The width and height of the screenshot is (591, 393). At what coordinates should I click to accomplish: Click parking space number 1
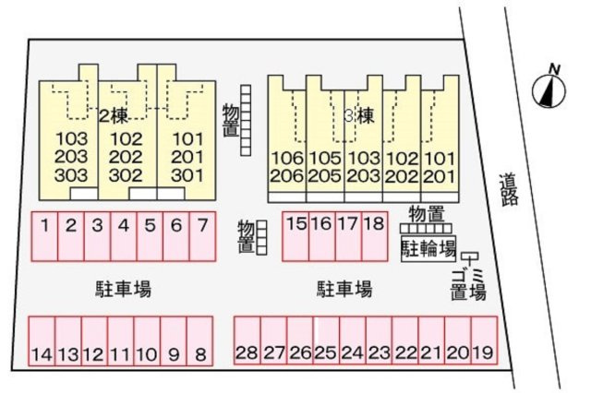coord(44,236)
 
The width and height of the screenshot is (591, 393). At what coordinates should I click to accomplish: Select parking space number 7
coord(202,236)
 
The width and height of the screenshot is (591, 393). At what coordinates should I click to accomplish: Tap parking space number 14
coord(42,341)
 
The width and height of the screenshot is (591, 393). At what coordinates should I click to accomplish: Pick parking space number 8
coord(199,341)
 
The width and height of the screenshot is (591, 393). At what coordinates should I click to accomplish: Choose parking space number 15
coord(295,236)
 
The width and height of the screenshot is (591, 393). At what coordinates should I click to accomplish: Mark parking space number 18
coord(375,236)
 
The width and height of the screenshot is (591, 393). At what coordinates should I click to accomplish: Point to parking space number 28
coord(247,340)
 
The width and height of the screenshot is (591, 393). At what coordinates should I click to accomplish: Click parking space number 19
coord(484,340)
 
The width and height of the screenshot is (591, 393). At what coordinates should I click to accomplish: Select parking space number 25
coord(326,340)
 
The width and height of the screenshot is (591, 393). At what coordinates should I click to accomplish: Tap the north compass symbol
coord(549,89)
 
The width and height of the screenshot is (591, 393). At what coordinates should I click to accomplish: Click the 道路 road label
coord(509,189)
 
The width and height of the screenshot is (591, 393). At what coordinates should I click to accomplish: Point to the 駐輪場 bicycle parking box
coord(428,248)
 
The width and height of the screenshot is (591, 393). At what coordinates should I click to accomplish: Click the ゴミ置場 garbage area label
coord(468,285)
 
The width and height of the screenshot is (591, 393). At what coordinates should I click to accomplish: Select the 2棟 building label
coord(113,117)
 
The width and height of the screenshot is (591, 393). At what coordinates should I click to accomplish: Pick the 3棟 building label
coord(360,116)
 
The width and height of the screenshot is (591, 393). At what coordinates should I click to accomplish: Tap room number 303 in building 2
coord(71,175)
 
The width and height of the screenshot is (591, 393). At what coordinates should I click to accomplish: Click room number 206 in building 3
coord(287,176)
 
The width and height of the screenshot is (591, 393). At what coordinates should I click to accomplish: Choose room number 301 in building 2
coord(187,175)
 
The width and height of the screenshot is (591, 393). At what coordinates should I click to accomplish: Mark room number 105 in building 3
coord(325,159)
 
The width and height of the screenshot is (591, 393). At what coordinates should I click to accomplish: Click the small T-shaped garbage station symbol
coord(470,257)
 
